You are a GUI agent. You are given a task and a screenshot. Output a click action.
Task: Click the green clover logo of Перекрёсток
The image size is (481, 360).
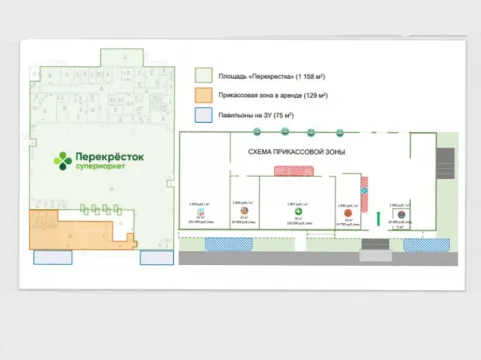64,160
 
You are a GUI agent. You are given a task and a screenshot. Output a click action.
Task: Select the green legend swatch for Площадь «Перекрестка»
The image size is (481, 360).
203,76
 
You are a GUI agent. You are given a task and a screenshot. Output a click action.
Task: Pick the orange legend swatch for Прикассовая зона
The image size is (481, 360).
203,96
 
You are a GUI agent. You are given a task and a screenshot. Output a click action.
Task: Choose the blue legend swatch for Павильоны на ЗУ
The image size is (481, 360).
203,116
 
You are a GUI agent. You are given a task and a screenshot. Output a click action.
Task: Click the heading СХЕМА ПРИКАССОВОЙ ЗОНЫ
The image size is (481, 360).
296,152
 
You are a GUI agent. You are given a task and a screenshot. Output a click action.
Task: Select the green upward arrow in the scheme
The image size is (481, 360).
378,217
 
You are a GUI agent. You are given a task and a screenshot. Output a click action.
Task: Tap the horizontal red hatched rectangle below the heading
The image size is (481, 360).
294,171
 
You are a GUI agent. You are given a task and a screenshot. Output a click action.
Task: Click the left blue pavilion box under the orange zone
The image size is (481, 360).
53,257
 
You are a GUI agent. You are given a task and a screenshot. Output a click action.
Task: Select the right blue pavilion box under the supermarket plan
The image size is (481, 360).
156,257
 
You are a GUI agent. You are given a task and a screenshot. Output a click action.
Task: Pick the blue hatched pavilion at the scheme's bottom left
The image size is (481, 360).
228,244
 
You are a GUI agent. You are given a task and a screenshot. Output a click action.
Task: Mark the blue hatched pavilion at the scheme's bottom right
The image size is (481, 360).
426,244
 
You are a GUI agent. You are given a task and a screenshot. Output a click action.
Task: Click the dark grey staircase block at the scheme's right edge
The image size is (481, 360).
446,158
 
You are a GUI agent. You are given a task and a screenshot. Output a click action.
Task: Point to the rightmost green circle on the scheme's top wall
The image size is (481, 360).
340,133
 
